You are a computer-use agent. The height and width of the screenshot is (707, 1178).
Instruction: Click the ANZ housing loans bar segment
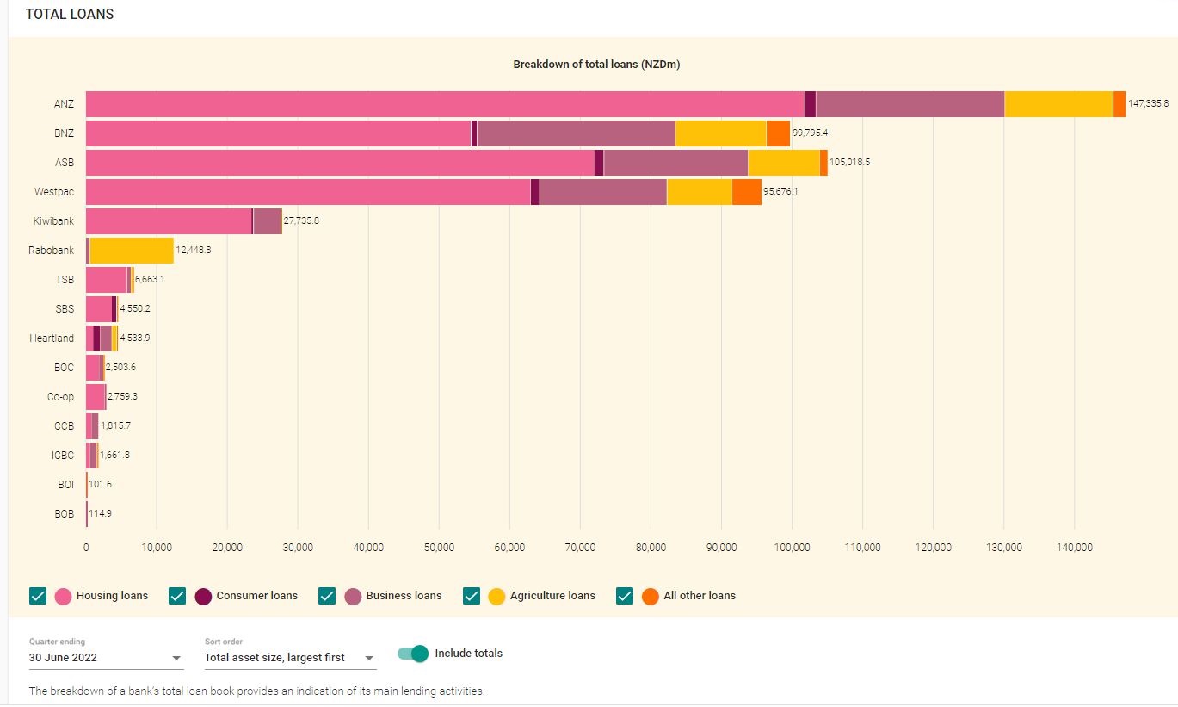(445, 104)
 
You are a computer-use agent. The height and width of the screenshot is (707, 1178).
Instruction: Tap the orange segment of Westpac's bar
(747, 192)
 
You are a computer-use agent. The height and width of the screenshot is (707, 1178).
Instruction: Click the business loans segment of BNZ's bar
(576, 133)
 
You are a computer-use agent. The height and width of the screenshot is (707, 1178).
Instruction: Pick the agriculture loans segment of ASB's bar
(784, 163)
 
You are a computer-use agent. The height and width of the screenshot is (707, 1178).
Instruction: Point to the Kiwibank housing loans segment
(169, 221)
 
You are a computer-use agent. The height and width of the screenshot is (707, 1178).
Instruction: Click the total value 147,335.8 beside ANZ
(1148, 104)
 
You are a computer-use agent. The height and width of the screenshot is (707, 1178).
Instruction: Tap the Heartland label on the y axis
(52, 338)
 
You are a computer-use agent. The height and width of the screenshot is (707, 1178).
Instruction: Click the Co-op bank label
(60, 397)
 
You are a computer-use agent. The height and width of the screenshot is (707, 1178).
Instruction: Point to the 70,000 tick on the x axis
(580, 548)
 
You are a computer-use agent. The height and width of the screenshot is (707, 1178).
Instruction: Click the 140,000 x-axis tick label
(1074, 548)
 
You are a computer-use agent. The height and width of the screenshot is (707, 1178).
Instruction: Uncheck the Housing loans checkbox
(38, 596)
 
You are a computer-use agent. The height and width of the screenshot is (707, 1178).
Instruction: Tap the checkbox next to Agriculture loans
(472, 596)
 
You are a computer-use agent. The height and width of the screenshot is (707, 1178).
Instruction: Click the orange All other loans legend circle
(651, 596)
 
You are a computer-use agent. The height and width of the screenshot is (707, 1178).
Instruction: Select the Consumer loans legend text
(256, 596)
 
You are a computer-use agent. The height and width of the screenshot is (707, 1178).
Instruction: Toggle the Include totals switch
(413, 654)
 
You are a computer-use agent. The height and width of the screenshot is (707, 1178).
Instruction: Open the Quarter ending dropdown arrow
(177, 658)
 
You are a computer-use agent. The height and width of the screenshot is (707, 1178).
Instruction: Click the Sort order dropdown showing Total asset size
(290, 658)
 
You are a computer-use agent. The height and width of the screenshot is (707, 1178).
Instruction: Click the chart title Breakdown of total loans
(596, 65)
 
